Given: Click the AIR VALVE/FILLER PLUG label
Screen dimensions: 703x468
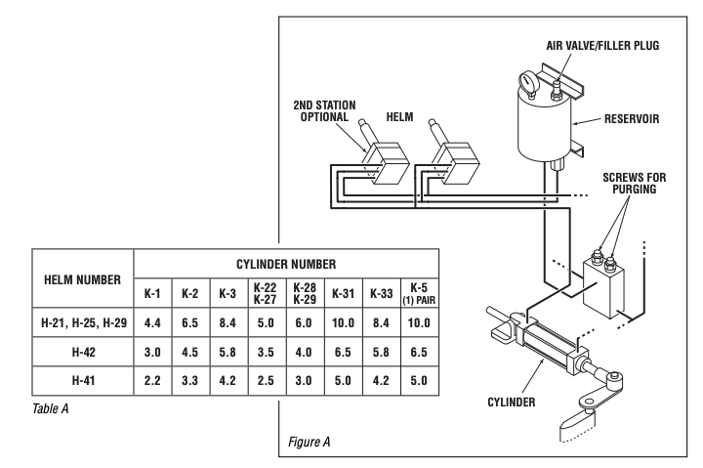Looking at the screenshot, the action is [x=602, y=46].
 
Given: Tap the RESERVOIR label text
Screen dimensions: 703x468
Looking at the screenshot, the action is [x=632, y=119].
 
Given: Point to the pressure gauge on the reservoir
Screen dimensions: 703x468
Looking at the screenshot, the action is [x=526, y=83].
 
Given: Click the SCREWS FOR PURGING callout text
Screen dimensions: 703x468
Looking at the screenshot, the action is [x=635, y=183].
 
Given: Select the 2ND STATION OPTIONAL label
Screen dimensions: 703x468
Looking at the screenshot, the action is [x=324, y=110].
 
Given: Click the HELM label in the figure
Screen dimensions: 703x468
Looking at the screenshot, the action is [x=399, y=117].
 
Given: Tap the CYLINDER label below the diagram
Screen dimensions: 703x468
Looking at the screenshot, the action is [x=511, y=402].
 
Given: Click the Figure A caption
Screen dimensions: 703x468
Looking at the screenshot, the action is [x=309, y=442].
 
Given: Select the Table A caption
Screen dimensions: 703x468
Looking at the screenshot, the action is [x=50, y=408].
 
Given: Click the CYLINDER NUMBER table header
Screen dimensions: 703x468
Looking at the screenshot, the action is [x=286, y=264].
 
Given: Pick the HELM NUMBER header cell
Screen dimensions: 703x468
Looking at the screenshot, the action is [x=82, y=280].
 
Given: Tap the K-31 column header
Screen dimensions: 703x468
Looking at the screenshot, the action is [x=343, y=294].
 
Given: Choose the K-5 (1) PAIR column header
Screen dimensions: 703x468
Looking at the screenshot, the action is [x=419, y=294].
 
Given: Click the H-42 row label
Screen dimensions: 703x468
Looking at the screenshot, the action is [x=84, y=352].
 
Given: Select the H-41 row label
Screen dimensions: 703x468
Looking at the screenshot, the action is [x=83, y=380].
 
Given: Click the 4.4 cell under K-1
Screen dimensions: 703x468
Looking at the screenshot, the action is [x=152, y=323].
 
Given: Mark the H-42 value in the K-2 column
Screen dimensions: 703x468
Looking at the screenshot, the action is [x=190, y=352].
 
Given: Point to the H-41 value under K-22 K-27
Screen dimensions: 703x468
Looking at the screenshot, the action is [x=266, y=380].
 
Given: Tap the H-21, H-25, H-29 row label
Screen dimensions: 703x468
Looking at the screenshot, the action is [x=84, y=323].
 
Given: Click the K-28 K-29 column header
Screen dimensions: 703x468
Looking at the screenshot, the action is [x=305, y=293].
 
